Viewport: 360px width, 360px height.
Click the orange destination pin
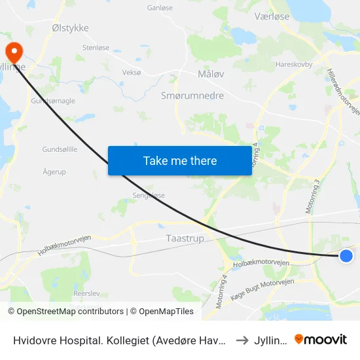[13, 51]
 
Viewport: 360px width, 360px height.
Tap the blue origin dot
[346, 256]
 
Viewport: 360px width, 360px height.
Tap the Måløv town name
[211, 74]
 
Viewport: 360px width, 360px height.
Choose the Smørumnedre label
[192, 96]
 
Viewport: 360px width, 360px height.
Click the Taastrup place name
[185, 239]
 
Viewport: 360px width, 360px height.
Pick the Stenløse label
[96, 48]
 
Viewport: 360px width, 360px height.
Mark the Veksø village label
[132, 72]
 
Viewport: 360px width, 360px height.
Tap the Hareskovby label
[294, 65]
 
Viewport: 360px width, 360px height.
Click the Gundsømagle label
[53, 101]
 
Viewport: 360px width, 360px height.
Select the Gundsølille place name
[60, 149]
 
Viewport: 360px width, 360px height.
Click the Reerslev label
[86, 295]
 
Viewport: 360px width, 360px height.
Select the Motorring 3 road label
[312, 197]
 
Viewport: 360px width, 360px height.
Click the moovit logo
[321, 339]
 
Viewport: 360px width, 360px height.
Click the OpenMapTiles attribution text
[162, 312]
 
